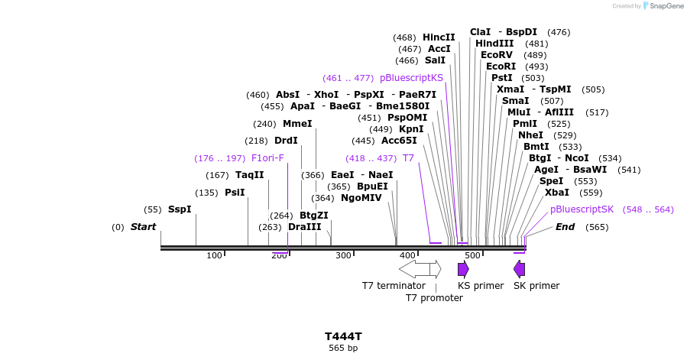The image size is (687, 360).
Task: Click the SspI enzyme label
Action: (180, 209)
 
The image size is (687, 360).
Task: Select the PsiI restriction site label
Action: (235, 193)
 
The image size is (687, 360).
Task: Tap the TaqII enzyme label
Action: (249, 175)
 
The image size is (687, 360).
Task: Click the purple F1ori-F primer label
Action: (267, 158)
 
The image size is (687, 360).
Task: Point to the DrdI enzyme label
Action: (286, 141)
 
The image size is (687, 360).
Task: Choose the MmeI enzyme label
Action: (297, 124)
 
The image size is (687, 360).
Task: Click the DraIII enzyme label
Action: (304, 227)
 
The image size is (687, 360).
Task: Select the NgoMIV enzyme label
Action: (361, 198)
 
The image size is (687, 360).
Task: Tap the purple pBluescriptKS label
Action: (411, 78)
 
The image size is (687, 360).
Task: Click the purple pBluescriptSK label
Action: (582, 209)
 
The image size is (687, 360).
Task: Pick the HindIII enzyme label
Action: (494, 44)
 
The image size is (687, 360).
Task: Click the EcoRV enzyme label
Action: (497, 55)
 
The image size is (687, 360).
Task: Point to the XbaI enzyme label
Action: (556, 193)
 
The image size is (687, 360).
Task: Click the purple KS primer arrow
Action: (463, 269)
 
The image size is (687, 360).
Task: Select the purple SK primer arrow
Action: (520, 269)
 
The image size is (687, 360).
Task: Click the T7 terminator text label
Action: (394, 286)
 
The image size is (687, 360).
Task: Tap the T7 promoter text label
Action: (434, 298)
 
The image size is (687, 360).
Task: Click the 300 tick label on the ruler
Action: (343, 255)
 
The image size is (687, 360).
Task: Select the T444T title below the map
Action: (343, 336)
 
